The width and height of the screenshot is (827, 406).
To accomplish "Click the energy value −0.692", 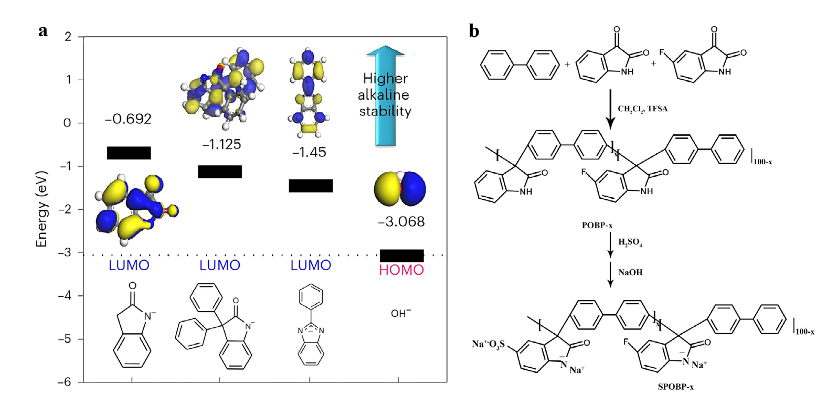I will click(x=128, y=120).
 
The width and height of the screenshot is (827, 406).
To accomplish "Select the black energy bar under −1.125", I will click(x=220, y=172).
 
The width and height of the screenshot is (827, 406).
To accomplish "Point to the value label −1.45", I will click(x=309, y=152).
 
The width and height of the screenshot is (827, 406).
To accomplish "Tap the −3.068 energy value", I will click(x=401, y=221).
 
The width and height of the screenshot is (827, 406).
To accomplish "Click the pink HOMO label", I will click(x=401, y=270).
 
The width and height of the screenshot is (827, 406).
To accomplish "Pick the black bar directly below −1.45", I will click(x=311, y=186).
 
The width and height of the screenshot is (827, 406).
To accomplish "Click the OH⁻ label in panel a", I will click(x=401, y=314).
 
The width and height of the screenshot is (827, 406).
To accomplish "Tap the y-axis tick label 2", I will click(x=68, y=37).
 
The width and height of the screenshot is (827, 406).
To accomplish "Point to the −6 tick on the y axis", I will click(x=64, y=382).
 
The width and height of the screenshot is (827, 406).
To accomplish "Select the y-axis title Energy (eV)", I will click(x=41, y=209).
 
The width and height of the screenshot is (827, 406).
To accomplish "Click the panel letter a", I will click(x=43, y=31).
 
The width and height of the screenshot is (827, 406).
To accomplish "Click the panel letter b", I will click(x=474, y=31).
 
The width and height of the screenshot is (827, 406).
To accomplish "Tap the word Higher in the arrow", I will click(x=385, y=79).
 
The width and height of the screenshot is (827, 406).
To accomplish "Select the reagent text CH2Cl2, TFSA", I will click(x=642, y=109).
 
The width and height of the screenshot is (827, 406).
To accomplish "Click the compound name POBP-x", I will click(x=597, y=226).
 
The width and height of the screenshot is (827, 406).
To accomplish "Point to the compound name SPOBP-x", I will click(x=676, y=387).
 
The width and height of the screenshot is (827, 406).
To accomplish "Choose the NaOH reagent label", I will click(x=630, y=272).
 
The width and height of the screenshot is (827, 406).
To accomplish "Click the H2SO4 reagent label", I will click(x=630, y=242).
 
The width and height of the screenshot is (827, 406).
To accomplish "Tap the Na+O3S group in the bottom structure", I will click(x=488, y=344).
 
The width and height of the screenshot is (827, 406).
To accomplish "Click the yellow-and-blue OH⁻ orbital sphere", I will click(x=400, y=189).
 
